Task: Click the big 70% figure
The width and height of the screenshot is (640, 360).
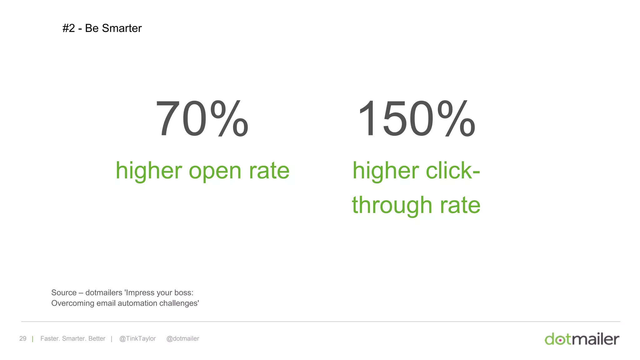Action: (202, 119)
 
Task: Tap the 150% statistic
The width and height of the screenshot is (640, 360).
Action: (416, 119)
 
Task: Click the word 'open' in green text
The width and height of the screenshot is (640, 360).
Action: (215, 171)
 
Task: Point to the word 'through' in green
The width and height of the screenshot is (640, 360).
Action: (392, 206)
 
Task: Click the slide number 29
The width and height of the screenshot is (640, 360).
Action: (23, 338)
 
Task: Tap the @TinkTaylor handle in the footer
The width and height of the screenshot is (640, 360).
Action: (137, 338)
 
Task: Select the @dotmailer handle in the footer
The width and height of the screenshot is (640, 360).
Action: (182, 338)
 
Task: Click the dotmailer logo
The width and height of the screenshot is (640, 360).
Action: (582, 339)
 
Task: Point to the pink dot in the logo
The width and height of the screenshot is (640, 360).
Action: (561, 340)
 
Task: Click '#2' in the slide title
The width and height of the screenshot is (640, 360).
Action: (69, 28)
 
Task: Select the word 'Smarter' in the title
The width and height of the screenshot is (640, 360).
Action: (122, 28)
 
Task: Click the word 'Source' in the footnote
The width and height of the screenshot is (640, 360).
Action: (64, 292)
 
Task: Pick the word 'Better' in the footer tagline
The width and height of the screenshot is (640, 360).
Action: (97, 338)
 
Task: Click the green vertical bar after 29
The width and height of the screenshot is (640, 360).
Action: (32, 339)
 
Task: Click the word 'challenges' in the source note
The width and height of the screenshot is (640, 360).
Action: (178, 303)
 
